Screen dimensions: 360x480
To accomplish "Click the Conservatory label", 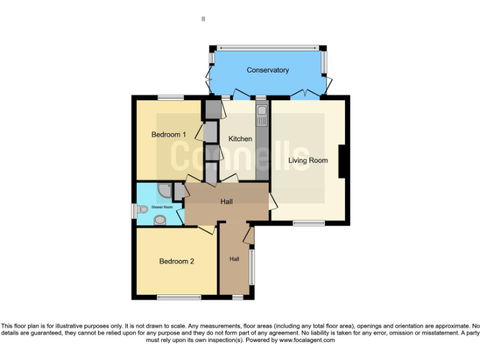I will click(267, 70).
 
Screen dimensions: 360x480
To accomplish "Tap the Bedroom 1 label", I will click(169, 134).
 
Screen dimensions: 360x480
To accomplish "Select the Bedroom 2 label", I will click(176, 261).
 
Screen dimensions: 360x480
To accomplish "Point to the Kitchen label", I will click(240, 139).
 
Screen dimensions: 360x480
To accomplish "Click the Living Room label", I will click(307, 161).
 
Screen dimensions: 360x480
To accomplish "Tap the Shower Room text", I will click(161, 206).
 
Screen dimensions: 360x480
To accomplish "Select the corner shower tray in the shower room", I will click(164, 189).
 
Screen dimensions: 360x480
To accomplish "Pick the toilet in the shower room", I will click(160, 219).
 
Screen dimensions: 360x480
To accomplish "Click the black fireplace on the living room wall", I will click(342, 162).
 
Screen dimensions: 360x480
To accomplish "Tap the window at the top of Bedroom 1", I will click(170, 97).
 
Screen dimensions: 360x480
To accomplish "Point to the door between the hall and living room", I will click(272, 201).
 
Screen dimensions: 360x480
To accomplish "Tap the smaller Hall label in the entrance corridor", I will click(234, 259).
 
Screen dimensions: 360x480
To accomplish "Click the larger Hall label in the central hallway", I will click(227, 202).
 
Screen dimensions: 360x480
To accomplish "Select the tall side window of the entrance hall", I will click(252, 267).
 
